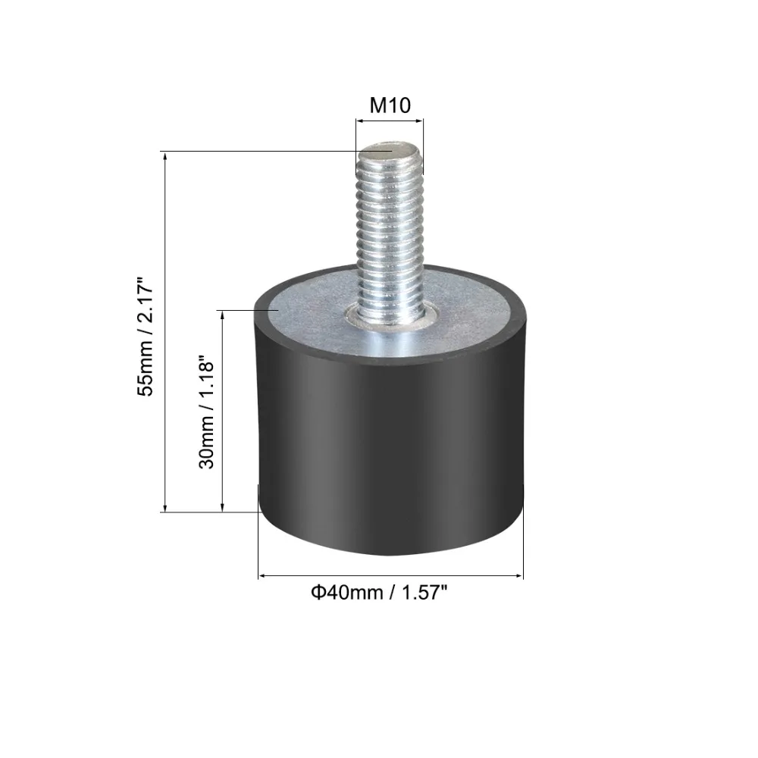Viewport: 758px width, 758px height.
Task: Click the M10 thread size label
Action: pos(390,105)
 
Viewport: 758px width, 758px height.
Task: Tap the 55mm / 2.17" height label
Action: pos(146,337)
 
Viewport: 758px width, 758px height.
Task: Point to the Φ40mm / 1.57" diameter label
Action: pos(379,592)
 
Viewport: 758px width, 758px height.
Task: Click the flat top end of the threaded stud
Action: pos(390,150)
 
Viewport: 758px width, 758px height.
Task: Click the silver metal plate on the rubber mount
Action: pos(389,315)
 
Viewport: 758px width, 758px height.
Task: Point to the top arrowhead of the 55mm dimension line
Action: pos(164,156)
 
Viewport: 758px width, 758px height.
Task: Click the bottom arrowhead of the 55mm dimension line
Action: pos(164,507)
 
